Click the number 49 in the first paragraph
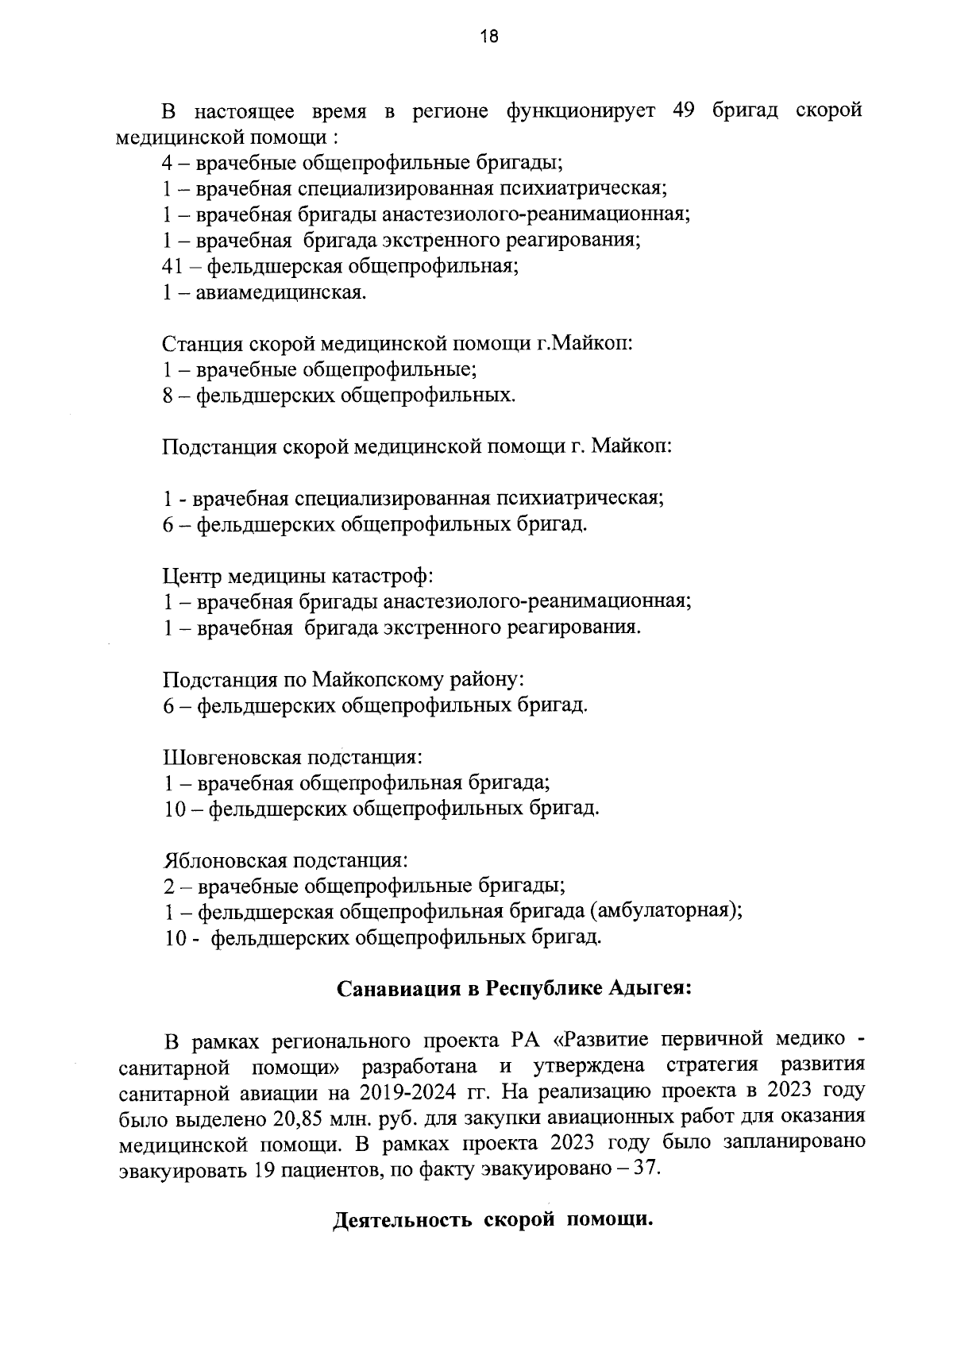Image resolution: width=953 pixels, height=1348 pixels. (x=684, y=110)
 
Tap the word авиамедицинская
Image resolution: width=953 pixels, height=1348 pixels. (x=281, y=292)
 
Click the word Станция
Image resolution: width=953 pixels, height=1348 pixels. (x=203, y=344)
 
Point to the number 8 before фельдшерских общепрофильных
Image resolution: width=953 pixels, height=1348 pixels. (x=168, y=396)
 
